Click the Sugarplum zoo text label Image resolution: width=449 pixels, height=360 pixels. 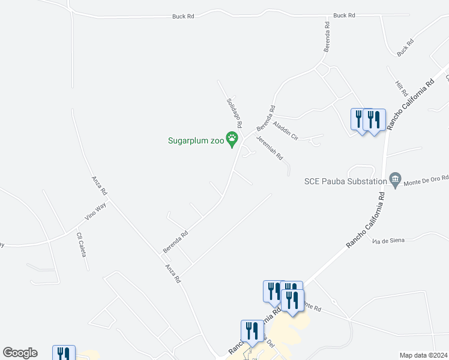(x=196, y=142)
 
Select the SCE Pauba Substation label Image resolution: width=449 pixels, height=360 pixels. (x=346, y=181)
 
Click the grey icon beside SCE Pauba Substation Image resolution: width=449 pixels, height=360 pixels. (x=395, y=180)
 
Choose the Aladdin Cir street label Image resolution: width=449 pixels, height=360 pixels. (x=285, y=130)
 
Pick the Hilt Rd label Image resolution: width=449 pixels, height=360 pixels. (x=401, y=89)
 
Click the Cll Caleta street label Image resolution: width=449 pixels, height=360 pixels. (x=81, y=244)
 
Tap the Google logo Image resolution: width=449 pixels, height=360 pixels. (x=20, y=353)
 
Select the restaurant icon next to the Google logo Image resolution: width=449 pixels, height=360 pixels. (x=64, y=353)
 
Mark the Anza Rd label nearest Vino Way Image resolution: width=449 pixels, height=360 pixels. (x=99, y=185)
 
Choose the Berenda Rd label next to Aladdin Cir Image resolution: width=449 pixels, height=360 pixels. (x=265, y=119)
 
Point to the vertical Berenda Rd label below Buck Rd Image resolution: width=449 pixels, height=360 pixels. (x=327, y=37)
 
